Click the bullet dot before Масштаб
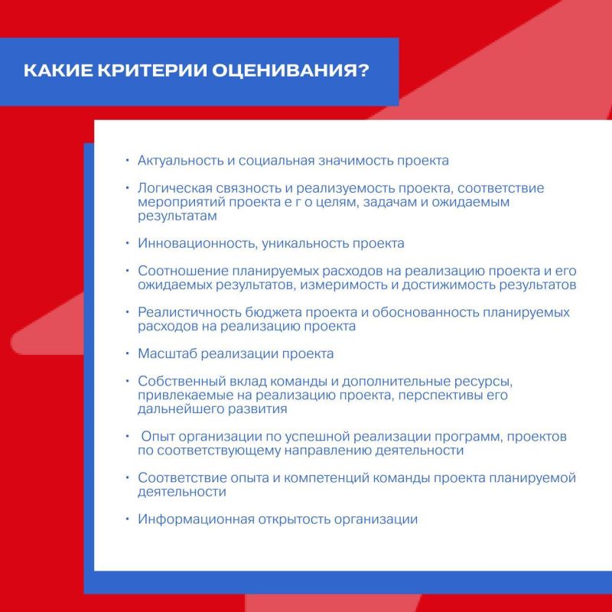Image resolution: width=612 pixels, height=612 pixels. coord(128,354)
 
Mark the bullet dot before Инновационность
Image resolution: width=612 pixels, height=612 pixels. coord(128,243)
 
